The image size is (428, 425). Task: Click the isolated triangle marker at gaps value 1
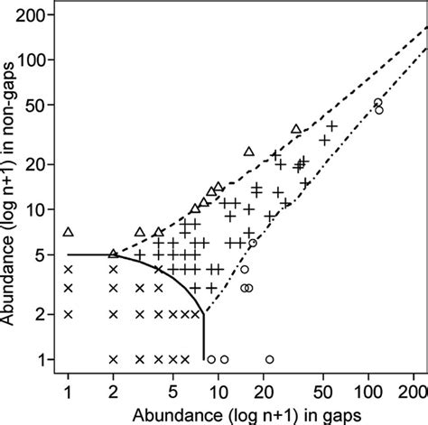tap(68, 232)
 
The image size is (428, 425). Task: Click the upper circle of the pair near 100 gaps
tap(377, 102)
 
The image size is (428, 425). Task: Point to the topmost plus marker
tap(331, 126)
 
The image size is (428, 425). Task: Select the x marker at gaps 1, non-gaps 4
tap(68, 269)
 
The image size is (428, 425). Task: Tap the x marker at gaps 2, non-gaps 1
tap(114, 359)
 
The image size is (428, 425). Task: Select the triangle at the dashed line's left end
tap(114, 254)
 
